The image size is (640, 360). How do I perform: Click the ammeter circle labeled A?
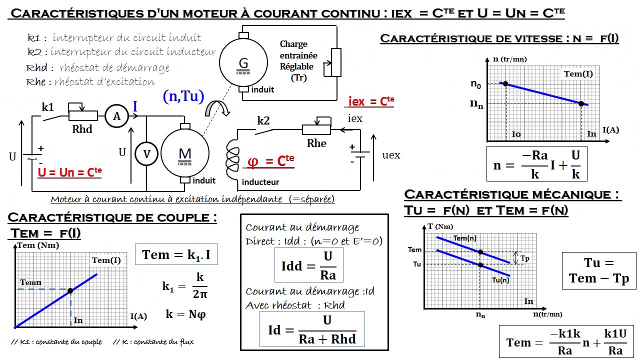[x=117, y=116]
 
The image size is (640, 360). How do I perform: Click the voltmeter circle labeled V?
[x=146, y=154]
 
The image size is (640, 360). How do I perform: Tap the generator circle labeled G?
[x=243, y=62]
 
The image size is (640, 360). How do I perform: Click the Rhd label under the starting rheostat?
[x=82, y=129]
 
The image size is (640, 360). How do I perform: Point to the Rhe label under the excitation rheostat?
[x=316, y=143]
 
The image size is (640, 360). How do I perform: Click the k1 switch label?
[x=48, y=107]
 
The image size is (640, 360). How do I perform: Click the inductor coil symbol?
[x=233, y=158]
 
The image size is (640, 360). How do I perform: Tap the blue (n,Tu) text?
[x=183, y=96]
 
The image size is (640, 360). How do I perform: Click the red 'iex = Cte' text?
[x=370, y=101]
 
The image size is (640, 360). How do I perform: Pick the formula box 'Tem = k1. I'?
[x=176, y=254]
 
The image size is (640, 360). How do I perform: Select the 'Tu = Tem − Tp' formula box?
[x=598, y=270]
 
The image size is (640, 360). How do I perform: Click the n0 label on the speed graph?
[x=476, y=84]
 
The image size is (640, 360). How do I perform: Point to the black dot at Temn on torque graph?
[x=70, y=290]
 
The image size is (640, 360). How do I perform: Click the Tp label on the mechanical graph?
[x=524, y=258]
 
